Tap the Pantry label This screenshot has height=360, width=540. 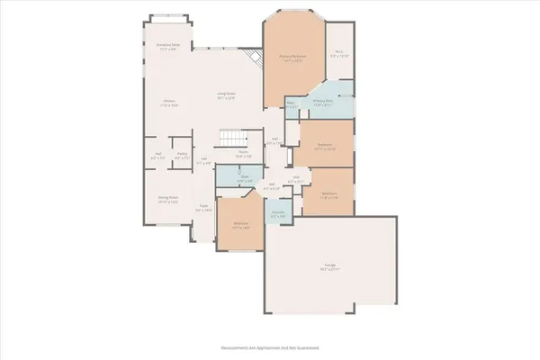point(182,154)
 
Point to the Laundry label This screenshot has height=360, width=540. point(279,213)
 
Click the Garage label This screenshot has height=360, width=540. point(330,265)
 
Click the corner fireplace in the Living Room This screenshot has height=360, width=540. point(256,58)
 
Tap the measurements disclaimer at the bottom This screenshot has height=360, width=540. point(269,346)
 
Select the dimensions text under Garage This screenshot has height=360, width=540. point(330,270)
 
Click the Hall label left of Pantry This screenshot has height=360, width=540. point(157,154)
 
